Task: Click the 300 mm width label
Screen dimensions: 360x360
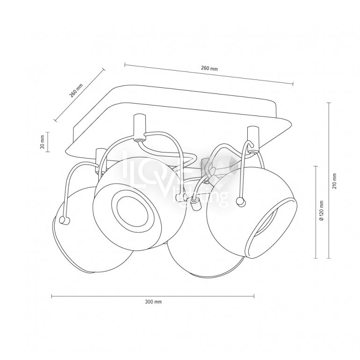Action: pyautogui.click(x=153, y=302)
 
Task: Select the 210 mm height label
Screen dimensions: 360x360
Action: pyautogui.click(x=334, y=181)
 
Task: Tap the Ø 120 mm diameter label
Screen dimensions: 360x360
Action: pyautogui.click(x=322, y=210)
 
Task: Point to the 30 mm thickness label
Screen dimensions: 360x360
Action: pyautogui.click(x=42, y=142)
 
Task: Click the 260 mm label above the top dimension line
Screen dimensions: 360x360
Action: pyautogui.click(x=209, y=68)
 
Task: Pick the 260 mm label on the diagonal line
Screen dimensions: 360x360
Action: pyautogui.click(x=76, y=90)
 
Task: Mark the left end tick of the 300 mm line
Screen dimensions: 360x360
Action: pyautogui.click(x=51, y=296)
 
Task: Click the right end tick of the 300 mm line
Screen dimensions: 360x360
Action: pyautogui.click(x=254, y=296)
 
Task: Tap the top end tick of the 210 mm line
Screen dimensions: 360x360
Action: pyautogui.click(x=329, y=103)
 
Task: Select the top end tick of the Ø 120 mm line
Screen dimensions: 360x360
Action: pyautogui.click(x=316, y=166)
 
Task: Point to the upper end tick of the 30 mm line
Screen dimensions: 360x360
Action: pyautogui.click(x=48, y=132)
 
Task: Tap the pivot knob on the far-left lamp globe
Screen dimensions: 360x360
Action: pyautogui.click(x=64, y=220)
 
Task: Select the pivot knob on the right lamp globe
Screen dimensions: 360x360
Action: pyautogui.click(x=240, y=202)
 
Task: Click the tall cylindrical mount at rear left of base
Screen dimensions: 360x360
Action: pyautogui.click(x=139, y=127)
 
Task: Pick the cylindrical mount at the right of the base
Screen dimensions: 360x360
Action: pyautogui.click(x=253, y=138)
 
